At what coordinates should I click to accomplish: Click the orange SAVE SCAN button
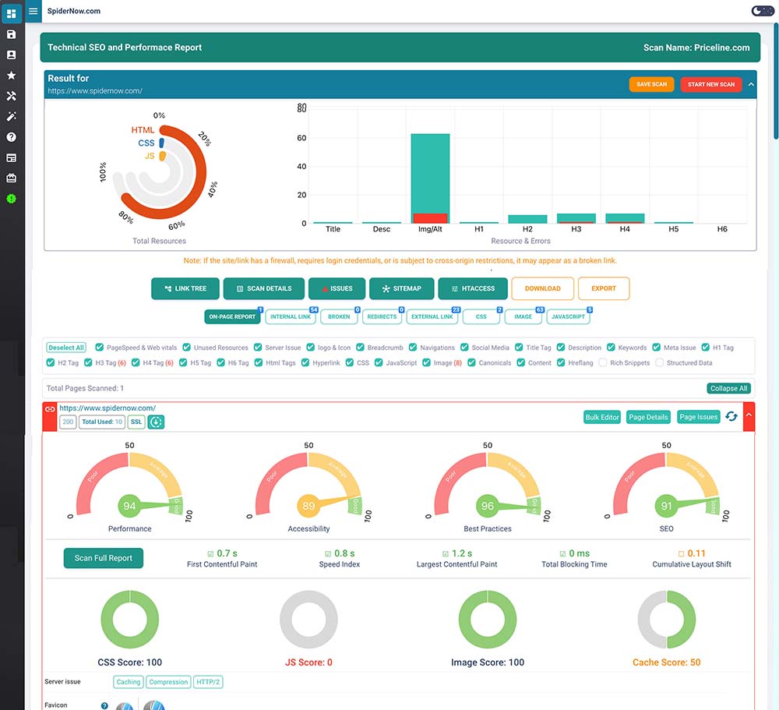(651, 84)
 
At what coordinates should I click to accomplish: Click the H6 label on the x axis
(721, 229)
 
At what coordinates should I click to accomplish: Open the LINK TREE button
(185, 288)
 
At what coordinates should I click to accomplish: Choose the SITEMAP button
(401, 288)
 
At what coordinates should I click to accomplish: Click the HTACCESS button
(472, 288)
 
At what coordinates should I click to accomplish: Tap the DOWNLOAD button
(542, 288)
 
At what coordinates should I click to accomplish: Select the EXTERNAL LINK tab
(432, 317)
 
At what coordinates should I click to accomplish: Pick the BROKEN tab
(339, 317)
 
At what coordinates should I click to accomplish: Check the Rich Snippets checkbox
(604, 363)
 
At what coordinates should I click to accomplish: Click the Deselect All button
(65, 348)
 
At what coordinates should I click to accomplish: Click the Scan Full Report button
(103, 558)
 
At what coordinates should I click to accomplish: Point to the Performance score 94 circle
(130, 507)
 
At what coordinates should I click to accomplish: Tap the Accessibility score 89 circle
(308, 507)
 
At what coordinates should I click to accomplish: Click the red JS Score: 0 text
(308, 662)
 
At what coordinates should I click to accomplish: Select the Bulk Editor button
(602, 417)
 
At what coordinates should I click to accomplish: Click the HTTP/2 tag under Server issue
(208, 682)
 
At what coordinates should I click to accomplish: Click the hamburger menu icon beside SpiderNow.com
(33, 12)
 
